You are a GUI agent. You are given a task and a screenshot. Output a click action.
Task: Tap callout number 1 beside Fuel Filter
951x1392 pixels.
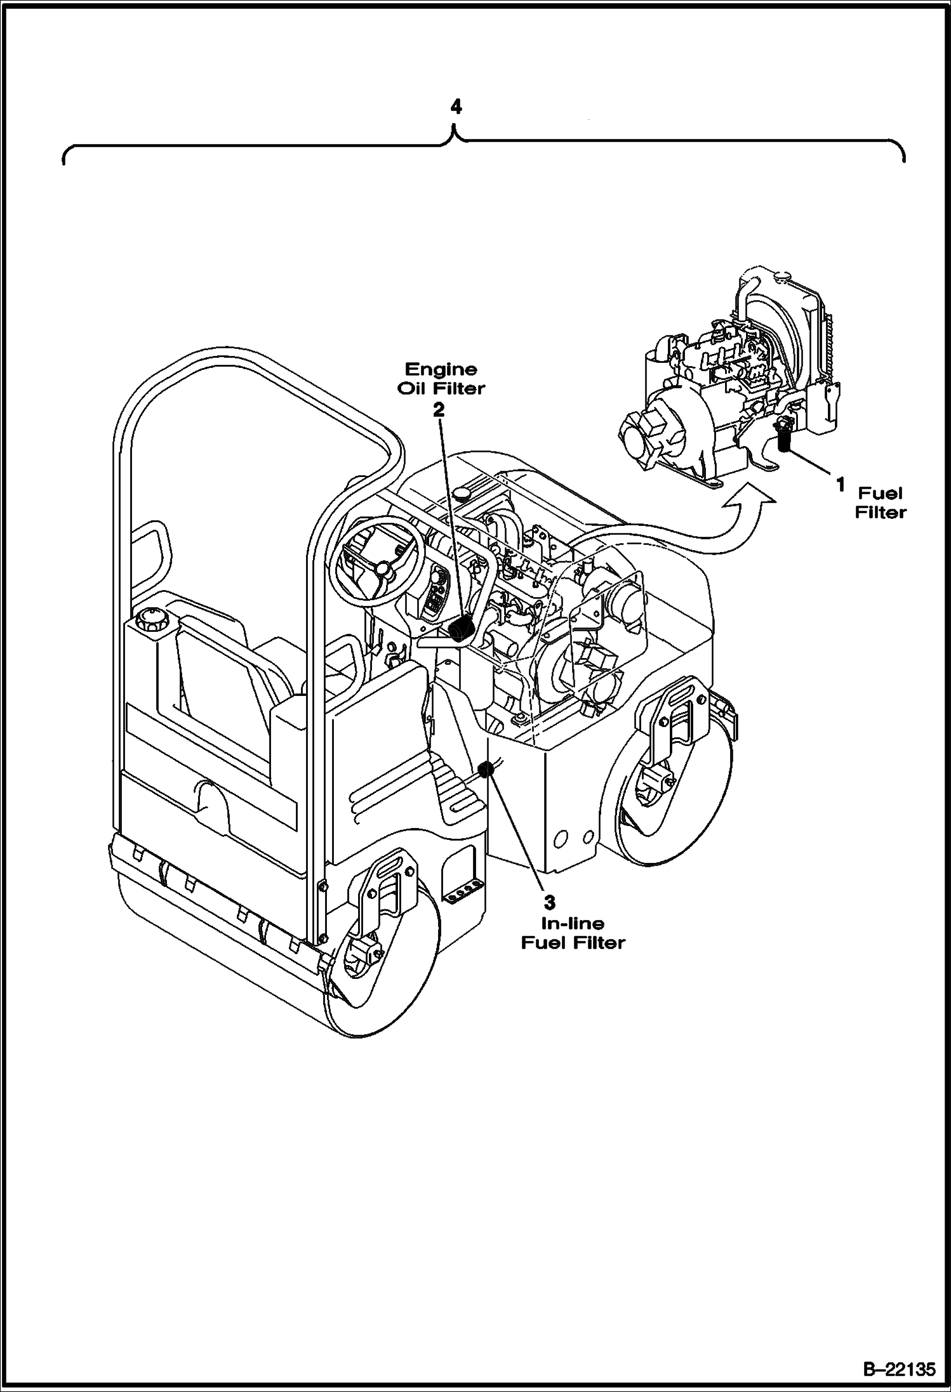839,485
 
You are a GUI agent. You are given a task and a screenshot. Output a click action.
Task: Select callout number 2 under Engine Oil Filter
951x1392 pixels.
439,410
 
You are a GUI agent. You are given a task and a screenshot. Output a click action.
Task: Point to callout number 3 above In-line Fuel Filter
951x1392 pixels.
550,902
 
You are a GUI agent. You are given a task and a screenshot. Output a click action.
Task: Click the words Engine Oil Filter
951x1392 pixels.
441,379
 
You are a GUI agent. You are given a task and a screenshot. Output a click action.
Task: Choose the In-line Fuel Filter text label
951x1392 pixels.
573,933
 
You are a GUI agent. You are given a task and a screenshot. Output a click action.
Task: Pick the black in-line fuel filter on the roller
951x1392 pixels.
486,770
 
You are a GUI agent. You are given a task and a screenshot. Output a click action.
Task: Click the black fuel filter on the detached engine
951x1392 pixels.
785,438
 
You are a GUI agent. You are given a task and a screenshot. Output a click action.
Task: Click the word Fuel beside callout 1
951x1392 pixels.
880,493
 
